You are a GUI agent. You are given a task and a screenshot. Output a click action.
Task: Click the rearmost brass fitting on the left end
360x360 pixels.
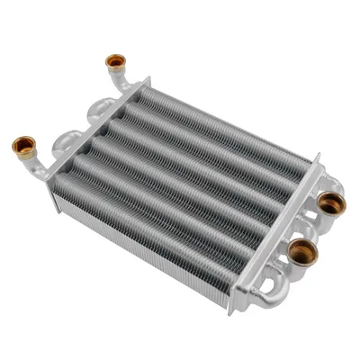click(115, 62)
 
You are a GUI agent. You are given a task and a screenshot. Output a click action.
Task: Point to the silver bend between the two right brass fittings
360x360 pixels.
click(310, 229)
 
